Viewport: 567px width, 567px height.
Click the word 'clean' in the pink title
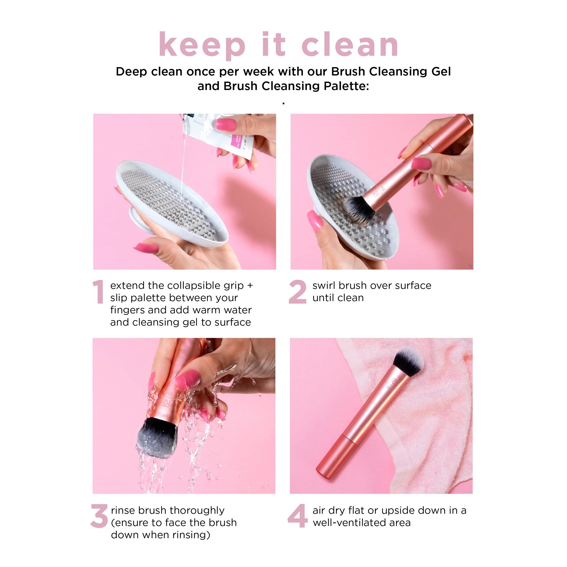(350, 45)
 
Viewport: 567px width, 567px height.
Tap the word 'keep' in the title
(202, 45)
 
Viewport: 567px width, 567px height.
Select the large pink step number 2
(297, 292)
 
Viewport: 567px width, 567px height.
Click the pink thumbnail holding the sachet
(226, 125)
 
